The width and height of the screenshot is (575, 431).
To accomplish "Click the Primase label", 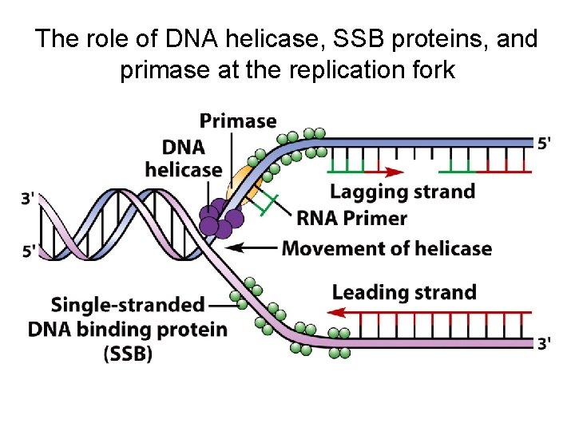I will pyautogui.click(x=238, y=121).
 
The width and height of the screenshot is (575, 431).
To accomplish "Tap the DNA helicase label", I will pyautogui.click(x=184, y=158).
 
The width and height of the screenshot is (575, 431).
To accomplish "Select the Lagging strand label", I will pyautogui.click(x=402, y=192).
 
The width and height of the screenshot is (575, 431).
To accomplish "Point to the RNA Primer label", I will pyautogui.click(x=351, y=218).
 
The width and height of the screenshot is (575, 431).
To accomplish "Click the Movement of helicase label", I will pyautogui.click(x=387, y=248).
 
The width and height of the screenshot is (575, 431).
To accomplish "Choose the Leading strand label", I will pyautogui.click(x=404, y=292).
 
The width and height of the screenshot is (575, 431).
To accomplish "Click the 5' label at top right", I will pyautogui.click(x=544, y=144).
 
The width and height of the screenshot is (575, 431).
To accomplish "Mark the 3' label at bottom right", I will pyautogui.click(x=544, y=344).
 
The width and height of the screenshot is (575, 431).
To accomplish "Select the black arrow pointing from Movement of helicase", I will pyautogui.click(x=252, y=248).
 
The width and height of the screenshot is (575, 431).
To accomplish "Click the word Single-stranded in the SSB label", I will pyautogui.click(x=128, y=305).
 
